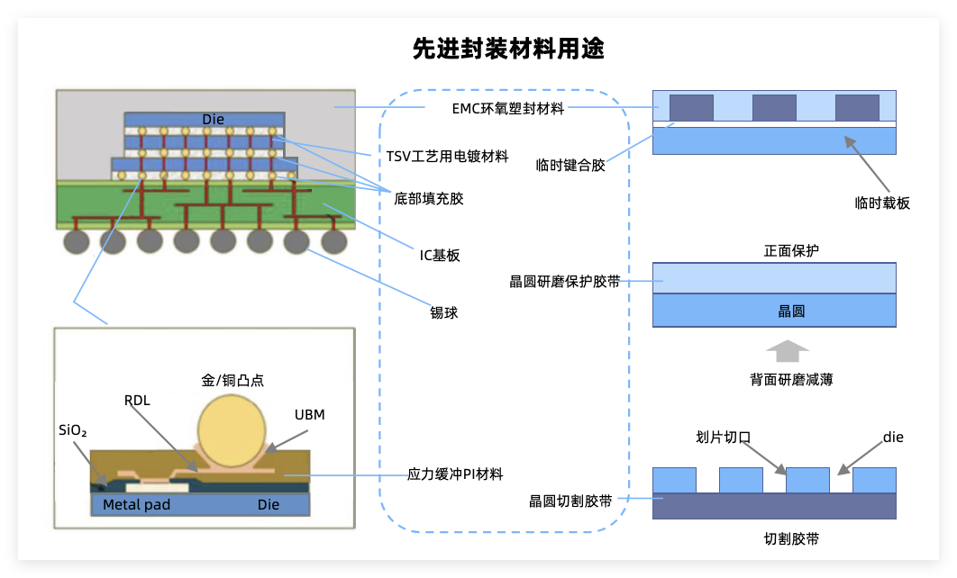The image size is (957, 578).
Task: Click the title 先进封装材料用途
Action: pyautogui.click(x=507, y=48)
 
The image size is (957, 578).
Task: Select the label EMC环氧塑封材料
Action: pyautogui.click(x=507, y=108)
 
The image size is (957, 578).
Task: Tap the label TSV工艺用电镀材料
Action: pyautogui.click(x=447, y=157)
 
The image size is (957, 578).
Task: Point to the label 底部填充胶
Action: pyautogui.click(x=429, y=198)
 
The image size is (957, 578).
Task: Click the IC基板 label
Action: pyautogui.click(x=440, y=255)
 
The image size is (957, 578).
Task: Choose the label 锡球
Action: pyautogui.click(x=444, y=312)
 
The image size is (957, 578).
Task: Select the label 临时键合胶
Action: pyautogui.click(x=570, y=165)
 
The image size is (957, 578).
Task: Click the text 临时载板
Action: pyautogui.click(x=882, y=203)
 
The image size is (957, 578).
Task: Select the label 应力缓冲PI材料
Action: pyautogui.click(x=455, y=474)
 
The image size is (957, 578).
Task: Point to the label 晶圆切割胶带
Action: pyautogui.click(x=570, y=501)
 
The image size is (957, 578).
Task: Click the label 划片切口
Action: pyautogui.click(x=724, y=438)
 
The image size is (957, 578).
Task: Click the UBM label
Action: pyautogui.click(x=309, y=415)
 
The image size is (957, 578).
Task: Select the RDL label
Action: pyautogui.click(x=137, y=400)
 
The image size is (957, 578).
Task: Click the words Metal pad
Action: pyautogui.click(x=136, y=504)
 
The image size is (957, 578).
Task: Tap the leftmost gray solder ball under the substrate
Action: pyautogui.click(x=76, y=240)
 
